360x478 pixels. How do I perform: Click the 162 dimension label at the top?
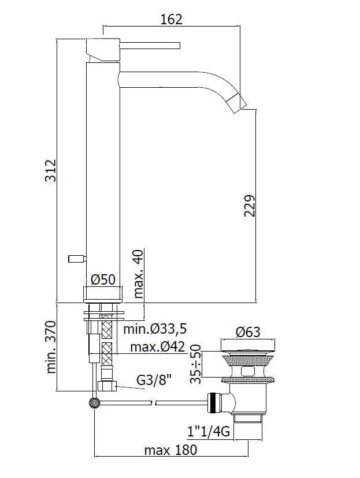pyautogui.click(x=171, y=20)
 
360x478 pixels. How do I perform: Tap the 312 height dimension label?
pyautogui.click(x=51, y=171)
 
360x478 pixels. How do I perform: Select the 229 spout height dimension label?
pyautogui.click(x=249, y=206)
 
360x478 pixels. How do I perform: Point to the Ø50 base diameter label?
pyautogui.click(x=103, y=279)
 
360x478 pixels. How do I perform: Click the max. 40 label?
pyautogui.click(x=138, y=274)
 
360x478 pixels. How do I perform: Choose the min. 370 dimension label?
pyautogui.click(x=51, y=347)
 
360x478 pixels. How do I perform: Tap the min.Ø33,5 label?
pyautogui.click(x=155, y=329)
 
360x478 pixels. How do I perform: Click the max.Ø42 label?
pyautogui.click(x=157, y=346)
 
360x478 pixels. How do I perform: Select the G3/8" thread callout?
pyautogui.click(x=154, y=380)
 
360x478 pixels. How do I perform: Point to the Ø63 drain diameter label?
pyautogui.click(x=248, y=332)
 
